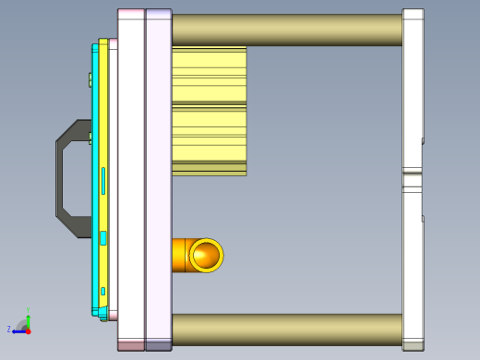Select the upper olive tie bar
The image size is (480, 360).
coord(286,30)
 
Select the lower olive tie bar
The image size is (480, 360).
coord(286,329)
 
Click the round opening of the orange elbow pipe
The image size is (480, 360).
coord(206,256)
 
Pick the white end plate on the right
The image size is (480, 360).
coord(413,92)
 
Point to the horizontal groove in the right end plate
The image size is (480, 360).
coord(413,171)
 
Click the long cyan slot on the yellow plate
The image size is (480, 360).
coord(102,181)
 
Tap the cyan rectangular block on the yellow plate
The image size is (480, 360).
coord(103,238)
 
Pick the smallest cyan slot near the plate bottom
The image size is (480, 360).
coord(102,291)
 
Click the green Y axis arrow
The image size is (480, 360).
coord(29,318)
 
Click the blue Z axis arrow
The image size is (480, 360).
coord(19,330)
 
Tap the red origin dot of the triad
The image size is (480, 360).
coord(29,330)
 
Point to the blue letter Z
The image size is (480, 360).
coord(9,330)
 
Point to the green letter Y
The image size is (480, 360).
coord(29,310)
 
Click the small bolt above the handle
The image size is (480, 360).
coord(90,80)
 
